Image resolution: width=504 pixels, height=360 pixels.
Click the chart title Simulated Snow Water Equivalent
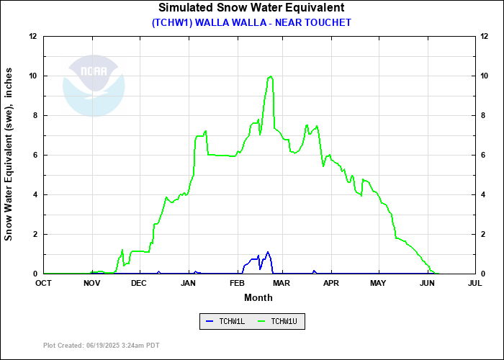251,8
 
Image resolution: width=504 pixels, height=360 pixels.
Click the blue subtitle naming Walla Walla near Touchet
251,22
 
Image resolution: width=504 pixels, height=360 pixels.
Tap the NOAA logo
94,85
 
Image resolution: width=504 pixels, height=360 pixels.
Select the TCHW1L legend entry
226,321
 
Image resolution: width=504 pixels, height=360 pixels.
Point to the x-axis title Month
258,297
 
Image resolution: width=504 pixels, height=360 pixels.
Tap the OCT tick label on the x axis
44,284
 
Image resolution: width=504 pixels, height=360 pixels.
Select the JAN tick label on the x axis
188,284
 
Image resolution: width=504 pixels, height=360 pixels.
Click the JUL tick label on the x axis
474,284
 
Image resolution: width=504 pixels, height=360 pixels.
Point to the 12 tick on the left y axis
33,36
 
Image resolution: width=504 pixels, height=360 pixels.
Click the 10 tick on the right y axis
485,76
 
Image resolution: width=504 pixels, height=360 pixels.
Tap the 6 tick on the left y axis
35,155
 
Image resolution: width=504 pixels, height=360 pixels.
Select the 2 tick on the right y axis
483,234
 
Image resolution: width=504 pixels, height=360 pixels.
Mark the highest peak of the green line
270,76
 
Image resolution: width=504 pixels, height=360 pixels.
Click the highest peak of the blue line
268,252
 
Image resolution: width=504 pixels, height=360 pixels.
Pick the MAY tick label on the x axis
378,284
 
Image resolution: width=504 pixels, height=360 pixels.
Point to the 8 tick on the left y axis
35,115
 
